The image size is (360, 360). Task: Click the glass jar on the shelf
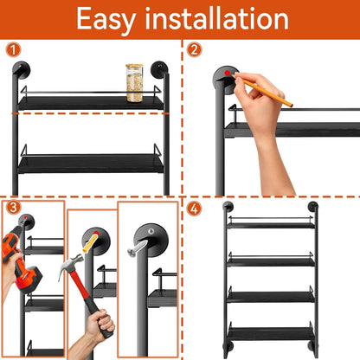(133, 82)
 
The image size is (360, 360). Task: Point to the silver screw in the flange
(138, 247)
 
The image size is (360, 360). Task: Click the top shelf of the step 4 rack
(269, 224)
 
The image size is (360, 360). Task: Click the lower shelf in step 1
(91, 162)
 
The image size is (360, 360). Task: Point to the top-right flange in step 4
(312, 207)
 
